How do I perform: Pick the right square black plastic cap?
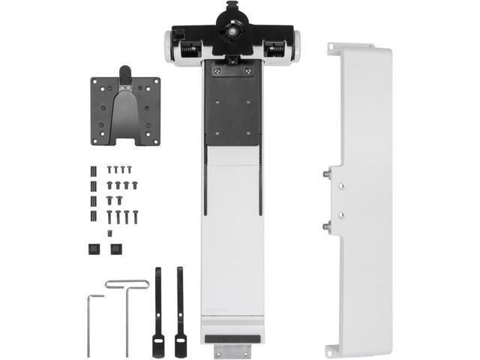point(116,249)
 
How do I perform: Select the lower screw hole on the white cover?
point(341,215)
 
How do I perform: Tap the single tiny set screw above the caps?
point(110,234)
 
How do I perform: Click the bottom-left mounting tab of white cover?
point(331,349)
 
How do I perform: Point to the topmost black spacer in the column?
point(94,168)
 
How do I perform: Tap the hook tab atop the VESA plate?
point(125,73)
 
